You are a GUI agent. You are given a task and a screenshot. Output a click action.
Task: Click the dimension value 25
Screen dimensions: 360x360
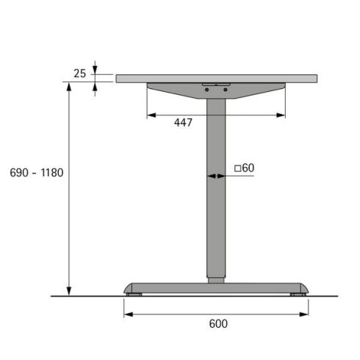(x=81, y=73)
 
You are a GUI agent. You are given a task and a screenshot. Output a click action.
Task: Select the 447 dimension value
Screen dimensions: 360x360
(x=183, y=123)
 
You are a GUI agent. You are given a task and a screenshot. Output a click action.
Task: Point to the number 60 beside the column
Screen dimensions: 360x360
(x=248, y=168)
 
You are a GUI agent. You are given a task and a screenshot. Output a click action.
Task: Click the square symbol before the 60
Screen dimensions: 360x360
(x=237, y=168)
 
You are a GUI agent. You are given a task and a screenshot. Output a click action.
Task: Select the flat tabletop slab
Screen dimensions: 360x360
(x=217, y=78)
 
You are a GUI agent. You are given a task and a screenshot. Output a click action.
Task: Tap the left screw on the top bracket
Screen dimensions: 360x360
(x=207, y=90)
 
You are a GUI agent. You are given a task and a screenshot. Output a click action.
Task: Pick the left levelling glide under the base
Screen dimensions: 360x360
(x=134, y=295)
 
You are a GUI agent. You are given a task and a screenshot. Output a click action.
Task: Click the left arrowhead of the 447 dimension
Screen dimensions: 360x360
(x=151, y=115)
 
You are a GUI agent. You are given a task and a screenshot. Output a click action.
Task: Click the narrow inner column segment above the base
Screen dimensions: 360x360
(x=215, y=279)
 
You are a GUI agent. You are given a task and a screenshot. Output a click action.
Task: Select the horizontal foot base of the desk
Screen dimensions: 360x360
(x=216, y=287)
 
